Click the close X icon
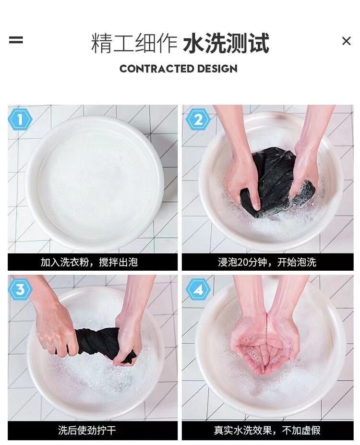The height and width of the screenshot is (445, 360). coord(346,41)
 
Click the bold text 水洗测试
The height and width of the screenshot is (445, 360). coord(226,43)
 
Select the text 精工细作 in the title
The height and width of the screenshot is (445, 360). coord(134,43)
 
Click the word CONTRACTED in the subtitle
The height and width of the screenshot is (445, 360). coord(157,69)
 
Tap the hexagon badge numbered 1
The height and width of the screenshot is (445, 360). coord(20,120)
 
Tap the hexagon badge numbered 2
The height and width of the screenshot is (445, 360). coord(198,120)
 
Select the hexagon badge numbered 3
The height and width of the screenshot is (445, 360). coord(20,289)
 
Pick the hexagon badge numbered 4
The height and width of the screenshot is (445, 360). coord(198,289)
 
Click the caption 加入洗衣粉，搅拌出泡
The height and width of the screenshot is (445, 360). coord(89,262)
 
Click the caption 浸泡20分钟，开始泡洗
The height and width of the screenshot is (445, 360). coord(267,262)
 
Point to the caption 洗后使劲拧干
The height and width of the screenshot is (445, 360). coord(87,430)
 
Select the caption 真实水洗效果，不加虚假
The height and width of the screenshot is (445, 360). coord(267,430)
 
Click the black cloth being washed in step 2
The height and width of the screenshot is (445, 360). coord(275,179)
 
